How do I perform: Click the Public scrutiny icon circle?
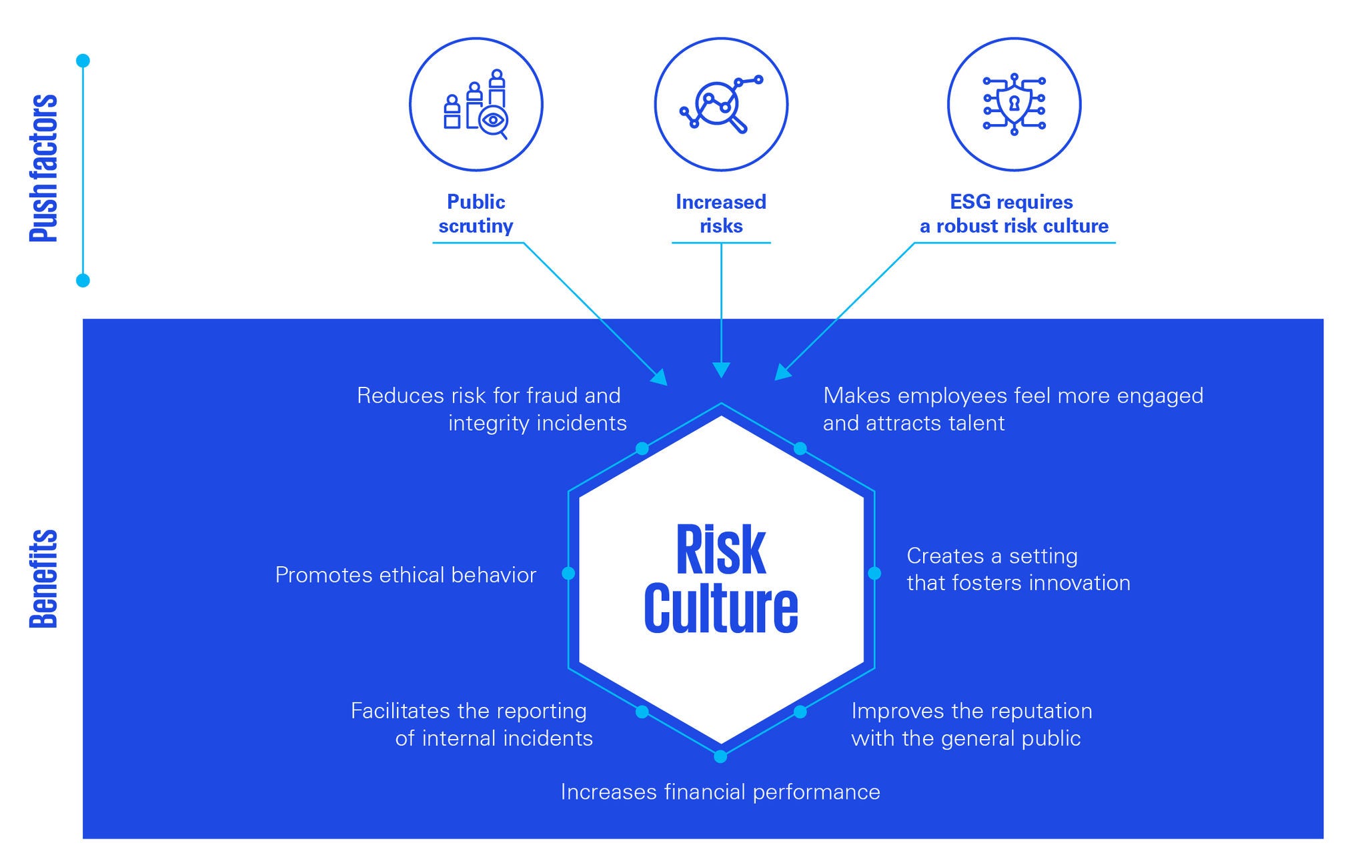pos(476,105)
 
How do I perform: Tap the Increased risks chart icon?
pos(721,105)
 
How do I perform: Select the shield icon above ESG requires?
pos(1014,105)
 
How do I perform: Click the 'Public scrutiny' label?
pos(476,214)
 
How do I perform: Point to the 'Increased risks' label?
pos(721,214)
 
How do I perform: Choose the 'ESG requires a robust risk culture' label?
pos(1014,214)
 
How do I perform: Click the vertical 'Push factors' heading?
pos(45,168)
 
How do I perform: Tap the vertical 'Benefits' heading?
pos(45,579)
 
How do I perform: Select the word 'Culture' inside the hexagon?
pos(721,608)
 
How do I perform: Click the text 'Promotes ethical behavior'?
pos(406,575)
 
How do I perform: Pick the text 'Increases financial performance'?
pos(720,792)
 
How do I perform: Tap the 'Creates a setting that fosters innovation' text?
pos(1018,570)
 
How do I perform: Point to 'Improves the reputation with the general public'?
pos(971,724)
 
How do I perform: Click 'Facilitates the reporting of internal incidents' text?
pos(472,724)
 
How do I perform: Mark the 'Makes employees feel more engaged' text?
pos(1013,409)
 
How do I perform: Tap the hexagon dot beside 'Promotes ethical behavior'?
pos(568,573)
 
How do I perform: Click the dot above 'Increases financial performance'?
pos(720,756)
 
